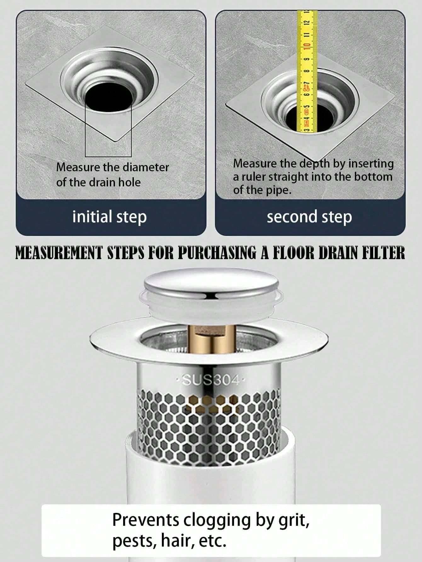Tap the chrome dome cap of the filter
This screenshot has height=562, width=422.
(x=211, y=285)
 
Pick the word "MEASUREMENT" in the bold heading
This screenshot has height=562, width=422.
(x=59, y=254)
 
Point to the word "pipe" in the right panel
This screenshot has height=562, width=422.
(x=277, y=191)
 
